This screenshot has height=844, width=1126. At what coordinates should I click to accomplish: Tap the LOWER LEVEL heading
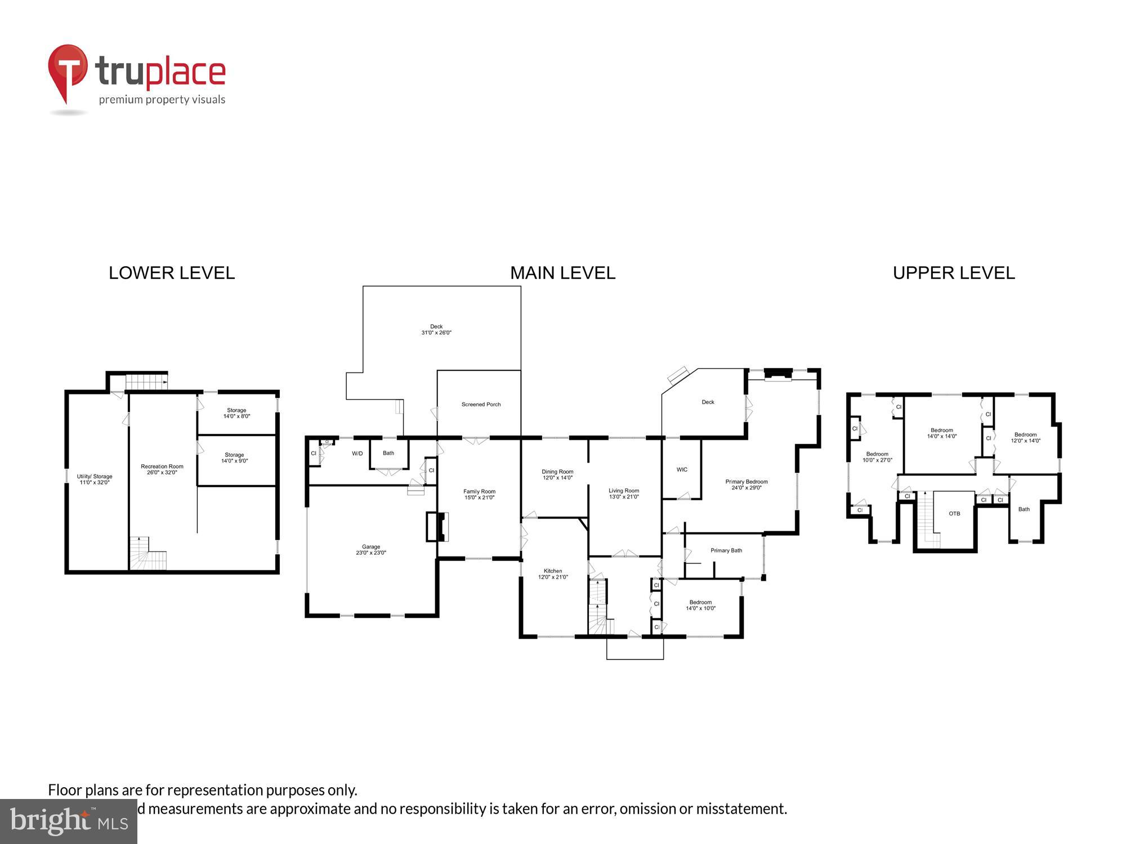click(x=172, y=273)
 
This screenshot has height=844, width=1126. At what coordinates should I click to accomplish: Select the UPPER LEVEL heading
click(x=954, y=273)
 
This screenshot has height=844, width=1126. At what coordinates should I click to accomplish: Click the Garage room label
click(x=371, y=550)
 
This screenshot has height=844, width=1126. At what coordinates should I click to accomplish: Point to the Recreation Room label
click(x=162, y=469)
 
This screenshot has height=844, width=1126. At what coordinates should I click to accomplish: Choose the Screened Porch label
click(x=481, y=405)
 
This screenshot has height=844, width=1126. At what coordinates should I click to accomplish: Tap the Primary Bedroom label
click(x=747, y=484)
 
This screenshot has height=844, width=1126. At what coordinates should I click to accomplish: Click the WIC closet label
click(x=682, y=470)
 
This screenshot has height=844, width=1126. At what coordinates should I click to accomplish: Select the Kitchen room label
click(x=553, y=574)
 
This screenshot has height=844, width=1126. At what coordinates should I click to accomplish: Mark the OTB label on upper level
click(x=954, y=514)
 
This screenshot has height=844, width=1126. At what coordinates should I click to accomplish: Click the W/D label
click(x=358, y=454)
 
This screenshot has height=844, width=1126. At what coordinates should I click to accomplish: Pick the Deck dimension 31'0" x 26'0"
click(x=436, y=333)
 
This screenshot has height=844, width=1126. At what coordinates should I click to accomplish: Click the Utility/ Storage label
click(x=95, y=479)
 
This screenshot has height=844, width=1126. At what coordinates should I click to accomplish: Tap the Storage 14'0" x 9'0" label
click(x=234, y=458)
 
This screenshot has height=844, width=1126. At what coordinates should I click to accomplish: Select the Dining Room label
click(x=557, y=475)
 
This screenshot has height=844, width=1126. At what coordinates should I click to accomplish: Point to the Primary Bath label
click(x=726, y=550)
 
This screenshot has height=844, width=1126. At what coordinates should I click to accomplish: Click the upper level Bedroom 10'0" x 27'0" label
click(x=877, y=457)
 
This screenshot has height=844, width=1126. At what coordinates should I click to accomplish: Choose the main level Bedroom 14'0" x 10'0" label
click(x=700, y=605)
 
